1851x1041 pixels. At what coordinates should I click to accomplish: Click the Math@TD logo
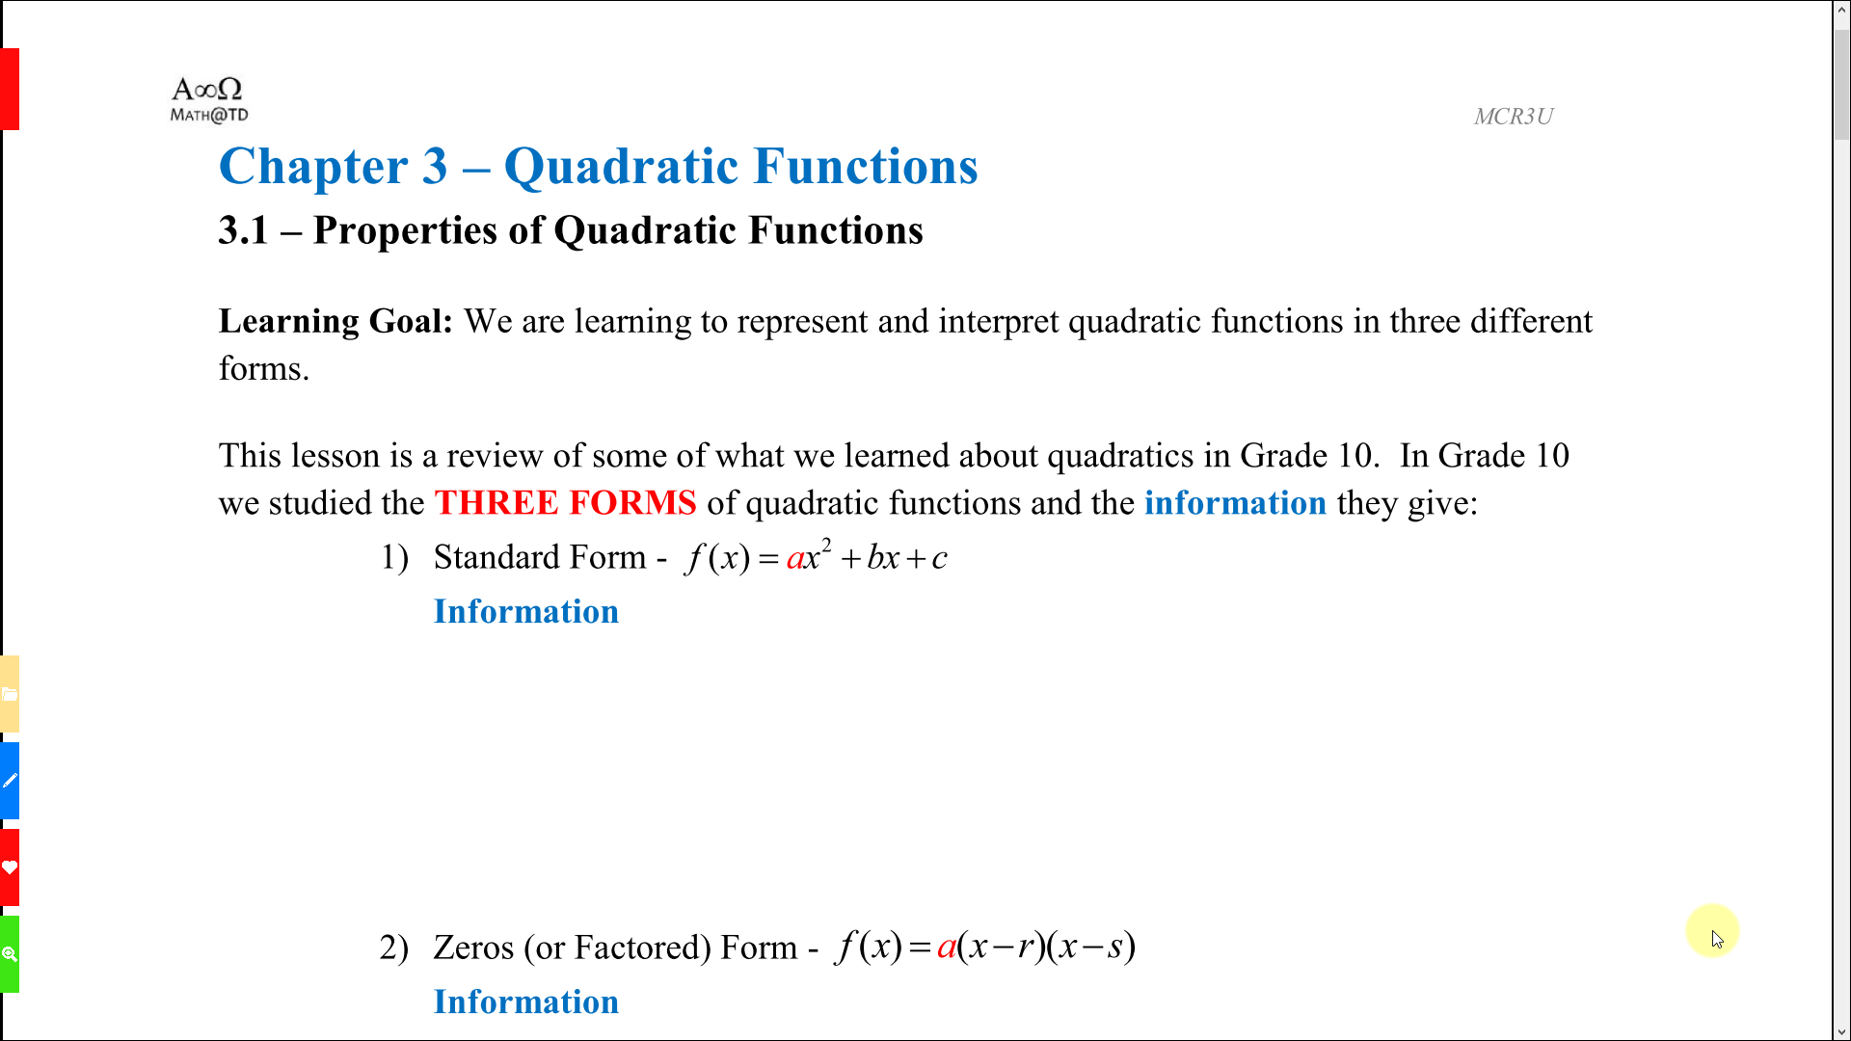pos(209,100)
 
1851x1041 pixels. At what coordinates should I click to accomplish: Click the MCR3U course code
pos(1513,117)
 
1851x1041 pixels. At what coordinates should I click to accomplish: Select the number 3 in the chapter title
pos(435,167)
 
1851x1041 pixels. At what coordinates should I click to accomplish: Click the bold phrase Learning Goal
pos(335,322)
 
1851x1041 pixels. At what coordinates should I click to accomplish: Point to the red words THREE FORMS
pos(565,503)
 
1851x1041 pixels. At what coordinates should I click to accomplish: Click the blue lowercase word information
pos(1235,503)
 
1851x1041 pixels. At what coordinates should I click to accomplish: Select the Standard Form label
pos(540,557)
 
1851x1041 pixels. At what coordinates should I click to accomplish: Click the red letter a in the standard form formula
pos(795,559)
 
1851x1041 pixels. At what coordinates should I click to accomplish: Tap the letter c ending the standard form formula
pos(939,559)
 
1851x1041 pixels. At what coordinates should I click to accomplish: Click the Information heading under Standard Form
pos(526,612)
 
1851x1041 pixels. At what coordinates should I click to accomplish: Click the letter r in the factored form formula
pos(1027,948)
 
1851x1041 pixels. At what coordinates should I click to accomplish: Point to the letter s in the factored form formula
pos(1115,948)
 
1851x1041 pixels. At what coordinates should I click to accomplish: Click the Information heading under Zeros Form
pos(526,1002)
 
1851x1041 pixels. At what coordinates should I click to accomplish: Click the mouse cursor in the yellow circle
pos(1717,939)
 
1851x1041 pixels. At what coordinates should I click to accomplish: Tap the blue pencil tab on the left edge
pos(10,781)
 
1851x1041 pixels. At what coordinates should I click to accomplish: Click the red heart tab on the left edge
pos(10,867)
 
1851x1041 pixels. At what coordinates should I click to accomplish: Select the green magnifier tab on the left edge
pos(10,954)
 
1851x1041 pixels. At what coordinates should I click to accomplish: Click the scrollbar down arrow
pos(1841,1031)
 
